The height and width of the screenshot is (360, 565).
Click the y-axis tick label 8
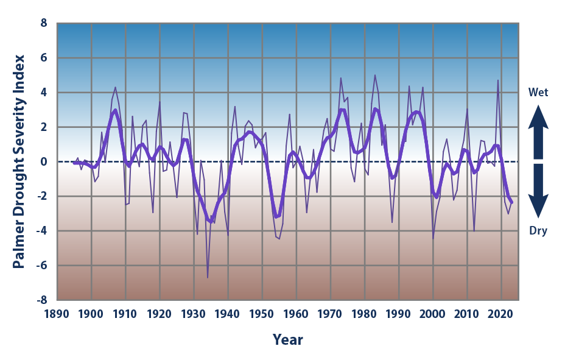(43, 23)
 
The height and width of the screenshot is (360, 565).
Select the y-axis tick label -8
(41, 300)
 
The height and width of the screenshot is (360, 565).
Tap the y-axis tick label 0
(43, 162)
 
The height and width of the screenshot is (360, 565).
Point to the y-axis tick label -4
(41, 231)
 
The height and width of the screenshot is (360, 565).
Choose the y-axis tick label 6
(43, 58)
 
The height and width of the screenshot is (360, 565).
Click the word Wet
(538, 93)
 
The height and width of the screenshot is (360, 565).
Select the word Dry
(538, 231)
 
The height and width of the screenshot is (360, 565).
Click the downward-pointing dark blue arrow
(538, 191)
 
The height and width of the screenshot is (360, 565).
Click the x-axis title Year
(287, 339)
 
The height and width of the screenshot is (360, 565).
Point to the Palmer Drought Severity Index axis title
(19, 161)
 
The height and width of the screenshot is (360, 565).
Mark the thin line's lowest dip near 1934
(208, 278)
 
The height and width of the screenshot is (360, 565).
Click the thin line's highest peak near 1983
(375, 76)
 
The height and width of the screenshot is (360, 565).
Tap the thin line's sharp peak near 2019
(498, 80)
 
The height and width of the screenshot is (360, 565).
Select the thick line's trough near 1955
(276, 217)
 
